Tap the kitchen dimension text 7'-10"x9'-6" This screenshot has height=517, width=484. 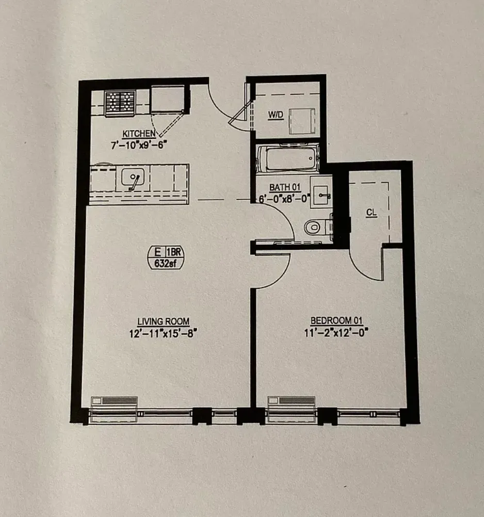click(139, 145)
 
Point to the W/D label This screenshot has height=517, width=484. click(275, 115)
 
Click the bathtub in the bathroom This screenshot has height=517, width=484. click(287, 159)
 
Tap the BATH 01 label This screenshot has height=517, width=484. click(285, 187)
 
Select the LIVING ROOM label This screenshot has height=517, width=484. click(164, 322)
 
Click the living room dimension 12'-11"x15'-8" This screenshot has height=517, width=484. click(164, 333)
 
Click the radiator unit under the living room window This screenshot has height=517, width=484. click(115, 402)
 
